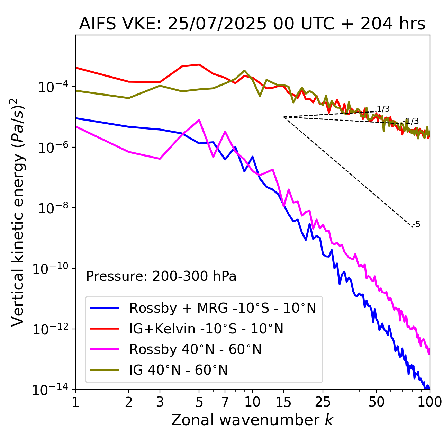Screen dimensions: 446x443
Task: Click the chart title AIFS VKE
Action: pyautogui.click(x=252, y=24)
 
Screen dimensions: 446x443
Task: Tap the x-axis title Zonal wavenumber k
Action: pyautogui.click(x=252, y=420)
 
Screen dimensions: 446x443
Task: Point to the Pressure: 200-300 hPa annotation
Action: pyautogui.click(x=161, y=276)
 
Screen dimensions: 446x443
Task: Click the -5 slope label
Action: pyautogui.click(x=417, y=224)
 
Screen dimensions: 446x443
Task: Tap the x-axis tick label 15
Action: pyautogui.click(x=284, y=402)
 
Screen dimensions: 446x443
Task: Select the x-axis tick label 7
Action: pyautogui.click(x=225, y=402)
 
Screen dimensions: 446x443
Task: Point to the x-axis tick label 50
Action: pyautogui.click(x=376, y=402)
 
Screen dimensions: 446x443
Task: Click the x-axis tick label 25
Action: pyautogui.click(x=323, y=402)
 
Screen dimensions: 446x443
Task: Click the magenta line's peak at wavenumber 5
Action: pyautogui.click(x=199, y=120)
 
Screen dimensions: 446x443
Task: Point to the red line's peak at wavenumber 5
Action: pyautogui.click(x=199, y=64)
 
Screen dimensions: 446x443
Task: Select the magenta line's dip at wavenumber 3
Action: pyautogui.click(x=160, y=159)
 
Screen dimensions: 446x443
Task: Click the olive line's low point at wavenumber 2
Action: pyautogui.click(x=129, y=98)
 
